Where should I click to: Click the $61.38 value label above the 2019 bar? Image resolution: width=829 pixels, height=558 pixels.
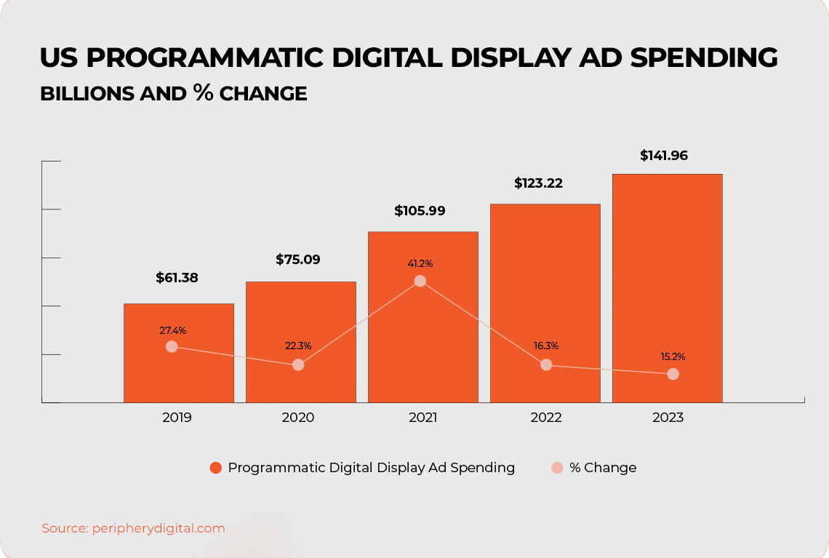click(x=177, y=278)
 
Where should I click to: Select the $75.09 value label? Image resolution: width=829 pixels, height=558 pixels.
click(x=298, y=260)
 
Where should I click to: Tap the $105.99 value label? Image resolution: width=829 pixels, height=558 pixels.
click(x=420, y=211)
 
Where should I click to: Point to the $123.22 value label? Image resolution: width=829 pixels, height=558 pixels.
click(x=538, y=183)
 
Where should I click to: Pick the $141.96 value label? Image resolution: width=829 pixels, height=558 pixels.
click(x=663, y=156)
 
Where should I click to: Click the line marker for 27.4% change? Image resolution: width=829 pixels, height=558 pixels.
click(x=172, y=346)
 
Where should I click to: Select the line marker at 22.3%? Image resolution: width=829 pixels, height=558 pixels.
click(x=298, y=364)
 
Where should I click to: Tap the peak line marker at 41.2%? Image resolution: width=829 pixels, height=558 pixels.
click(x=420, y=281)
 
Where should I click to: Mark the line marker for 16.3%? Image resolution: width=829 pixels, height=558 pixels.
click(x=546, y=364)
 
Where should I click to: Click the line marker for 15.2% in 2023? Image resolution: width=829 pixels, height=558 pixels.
click(x=673, y=374)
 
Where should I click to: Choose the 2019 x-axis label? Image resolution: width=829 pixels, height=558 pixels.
click(x=177, y=418)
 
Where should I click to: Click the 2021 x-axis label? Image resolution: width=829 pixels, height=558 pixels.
click(x=422, y=418)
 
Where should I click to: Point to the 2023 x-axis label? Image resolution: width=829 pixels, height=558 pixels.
click(x=668, y=418)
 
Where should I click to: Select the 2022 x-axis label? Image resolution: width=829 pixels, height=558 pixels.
click(x=546, y=418)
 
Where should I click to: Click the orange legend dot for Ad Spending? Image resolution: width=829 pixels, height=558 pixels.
click(x=216, y=468)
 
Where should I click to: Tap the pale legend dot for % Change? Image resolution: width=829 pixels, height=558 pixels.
click(x=557, y=468)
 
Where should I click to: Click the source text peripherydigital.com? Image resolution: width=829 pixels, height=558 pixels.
click(x=159, y=528)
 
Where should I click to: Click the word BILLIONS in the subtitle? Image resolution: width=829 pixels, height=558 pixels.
click(x=87, y=94)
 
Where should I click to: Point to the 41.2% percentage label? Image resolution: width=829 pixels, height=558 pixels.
click(x=420, y=263)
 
